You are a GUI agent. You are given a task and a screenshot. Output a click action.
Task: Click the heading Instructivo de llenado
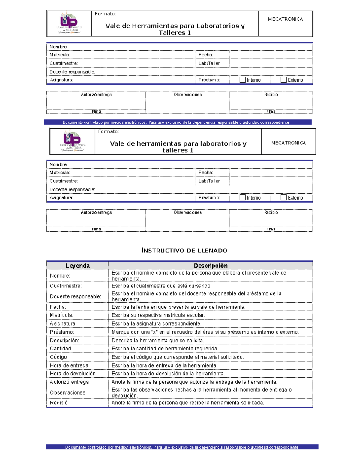click(x=184, y=250)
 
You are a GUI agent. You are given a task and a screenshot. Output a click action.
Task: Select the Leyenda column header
click(x=78, y=266)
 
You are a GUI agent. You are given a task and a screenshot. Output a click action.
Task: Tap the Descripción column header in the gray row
click(x=211, y=266)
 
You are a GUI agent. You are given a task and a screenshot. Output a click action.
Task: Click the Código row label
click(x=58, y=357)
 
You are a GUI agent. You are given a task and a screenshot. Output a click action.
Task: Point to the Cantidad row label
click(x=61, y=348)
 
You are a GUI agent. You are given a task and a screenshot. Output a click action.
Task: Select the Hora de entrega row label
click(x=69, y=365)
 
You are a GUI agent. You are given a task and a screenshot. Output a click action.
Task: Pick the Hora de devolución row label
click(x=73, y=374)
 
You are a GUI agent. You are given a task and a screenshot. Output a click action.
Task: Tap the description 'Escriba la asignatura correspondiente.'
click(x=157, y=323)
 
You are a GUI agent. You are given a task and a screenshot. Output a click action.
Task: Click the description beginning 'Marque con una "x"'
click(x=205, y=332)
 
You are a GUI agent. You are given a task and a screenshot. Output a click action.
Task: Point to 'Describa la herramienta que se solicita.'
click(x=158, y=341)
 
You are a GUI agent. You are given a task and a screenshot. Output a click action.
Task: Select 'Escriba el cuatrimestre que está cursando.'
click(x=162, y=286)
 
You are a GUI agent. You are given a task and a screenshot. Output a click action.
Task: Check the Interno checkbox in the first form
click(x=243, y=80)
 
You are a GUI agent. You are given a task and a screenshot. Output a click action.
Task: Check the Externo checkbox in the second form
click(x=283, y=197)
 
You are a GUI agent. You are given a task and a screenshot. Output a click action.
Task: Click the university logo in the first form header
click(x=69, y=23)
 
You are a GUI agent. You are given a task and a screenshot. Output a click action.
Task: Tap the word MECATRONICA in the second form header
click(x=289, y=143)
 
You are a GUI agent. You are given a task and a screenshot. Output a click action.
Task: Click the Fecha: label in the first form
click(x=206, y=55)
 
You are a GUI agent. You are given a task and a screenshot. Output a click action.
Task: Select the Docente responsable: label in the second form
click(x=72, y=189)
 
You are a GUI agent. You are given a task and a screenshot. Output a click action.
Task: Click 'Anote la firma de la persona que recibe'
click(x=188, y=403)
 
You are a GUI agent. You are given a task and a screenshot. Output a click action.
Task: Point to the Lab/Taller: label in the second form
click(x=209, y=181)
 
